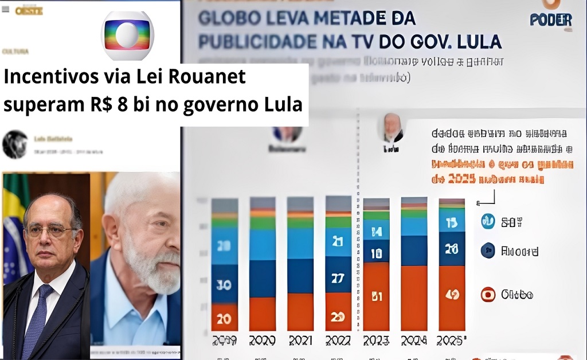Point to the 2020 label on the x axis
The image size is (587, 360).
click(263, 341)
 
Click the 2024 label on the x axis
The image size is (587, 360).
click(414, 341)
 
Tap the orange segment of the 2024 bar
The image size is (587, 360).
click(414, 298)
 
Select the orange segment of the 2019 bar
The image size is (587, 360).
click(225, 317)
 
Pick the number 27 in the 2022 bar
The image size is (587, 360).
click(338, 279)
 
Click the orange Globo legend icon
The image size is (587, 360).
click(488, 295)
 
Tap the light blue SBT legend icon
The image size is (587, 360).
click(488, 222)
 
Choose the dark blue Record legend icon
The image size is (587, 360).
click(488, 251)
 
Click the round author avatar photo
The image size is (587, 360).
click(15, 144)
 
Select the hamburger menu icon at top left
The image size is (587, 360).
click(5, 9)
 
